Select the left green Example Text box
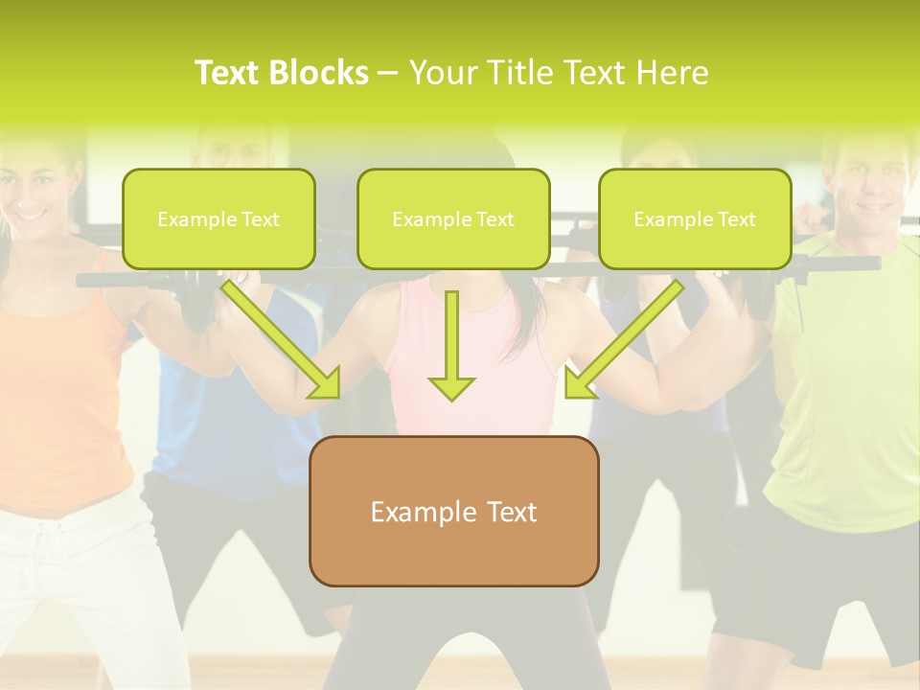(x=218, y=219)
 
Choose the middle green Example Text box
(x=453, y=219)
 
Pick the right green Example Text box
(x=695, y=219)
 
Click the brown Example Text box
(x=453, y=511)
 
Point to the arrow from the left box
(x=282, y=339)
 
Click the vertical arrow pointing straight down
(x=451, y=345)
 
